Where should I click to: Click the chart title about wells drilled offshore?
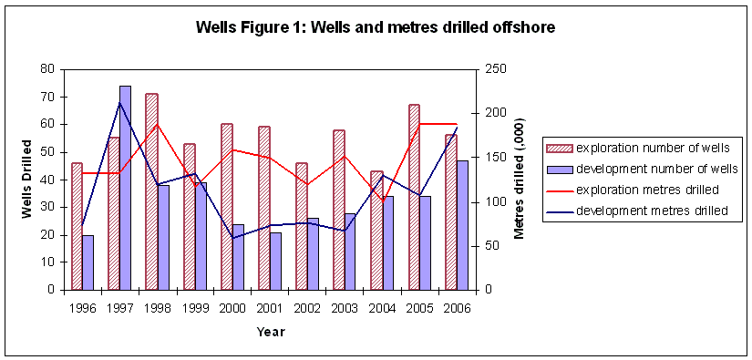click(x=376, y=27)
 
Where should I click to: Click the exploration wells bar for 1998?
click(x=151, y=191)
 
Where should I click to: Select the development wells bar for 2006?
click(x=462, y=224)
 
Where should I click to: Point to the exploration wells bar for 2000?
click(x=226, y=206)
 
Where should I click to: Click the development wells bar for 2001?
click(x=275, y=261)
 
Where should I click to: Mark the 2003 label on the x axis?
click(x=345, y=307)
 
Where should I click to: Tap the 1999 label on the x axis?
click(x=194, y=307)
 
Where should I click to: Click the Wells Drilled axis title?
click(x=26, y=180)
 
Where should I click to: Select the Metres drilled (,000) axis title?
click(x=520, y=179)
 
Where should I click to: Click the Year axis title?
click(x=270, y=332)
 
